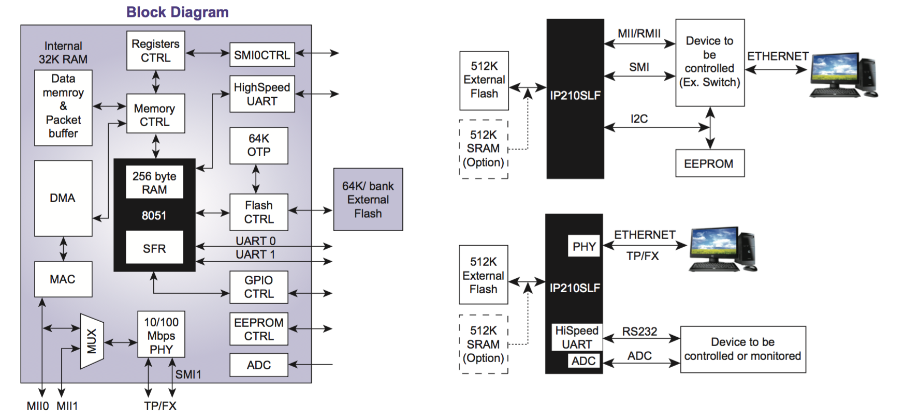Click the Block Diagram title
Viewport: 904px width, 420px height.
[177, 12]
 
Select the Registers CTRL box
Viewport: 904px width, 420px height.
[155, 51]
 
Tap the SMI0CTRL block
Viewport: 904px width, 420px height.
[262, 55]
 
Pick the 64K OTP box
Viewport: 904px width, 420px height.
[258, 145]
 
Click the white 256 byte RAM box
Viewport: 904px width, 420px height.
[154, 183]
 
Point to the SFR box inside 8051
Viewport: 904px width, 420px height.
[154, 248]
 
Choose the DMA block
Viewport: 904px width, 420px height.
[63, 198]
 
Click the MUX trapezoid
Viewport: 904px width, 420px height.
[92, 341]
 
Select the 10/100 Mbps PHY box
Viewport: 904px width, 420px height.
[161, 335]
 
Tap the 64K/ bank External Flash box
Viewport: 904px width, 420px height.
[368, 200]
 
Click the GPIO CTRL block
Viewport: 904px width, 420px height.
[258, 287]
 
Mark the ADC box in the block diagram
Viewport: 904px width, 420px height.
[258, 365]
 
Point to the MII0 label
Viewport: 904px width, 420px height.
[38, 406]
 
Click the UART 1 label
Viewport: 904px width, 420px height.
[255, 254]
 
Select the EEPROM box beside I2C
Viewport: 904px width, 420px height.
[709, 163]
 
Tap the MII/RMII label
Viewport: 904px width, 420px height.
[639, 34]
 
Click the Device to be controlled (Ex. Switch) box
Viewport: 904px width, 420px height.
[709, 63]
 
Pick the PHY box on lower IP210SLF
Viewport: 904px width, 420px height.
[584, 247]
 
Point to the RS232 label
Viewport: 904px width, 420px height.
[639, 332]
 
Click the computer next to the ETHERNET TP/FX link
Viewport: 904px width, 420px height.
[723, 249]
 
